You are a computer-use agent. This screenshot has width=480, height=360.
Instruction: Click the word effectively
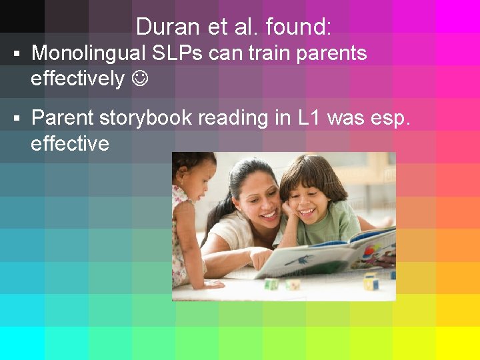coord(77,79)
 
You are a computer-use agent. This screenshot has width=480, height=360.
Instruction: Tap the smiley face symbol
coord(140,79)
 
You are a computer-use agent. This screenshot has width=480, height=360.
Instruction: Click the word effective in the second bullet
coord(69,143)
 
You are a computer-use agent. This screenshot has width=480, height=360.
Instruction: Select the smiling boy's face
coord(313,199)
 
